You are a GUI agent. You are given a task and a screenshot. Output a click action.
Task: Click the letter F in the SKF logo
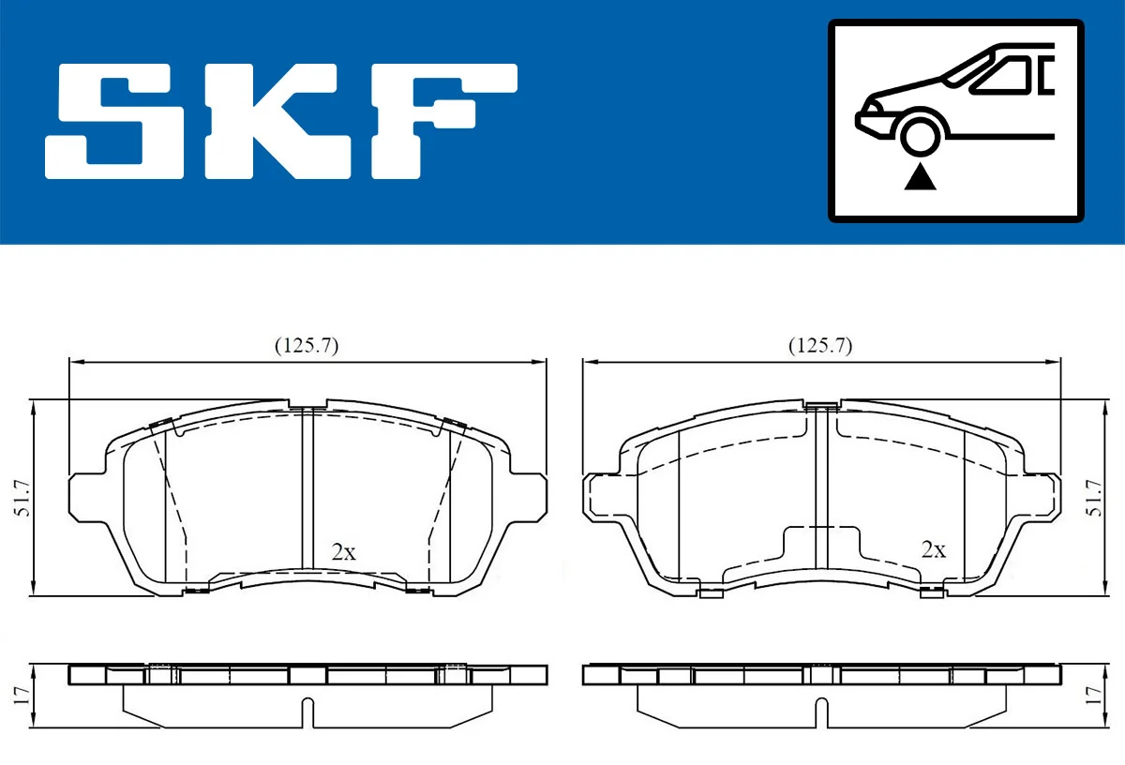coord(441,122)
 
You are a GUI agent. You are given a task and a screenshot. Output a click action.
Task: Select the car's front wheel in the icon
coord(921,135)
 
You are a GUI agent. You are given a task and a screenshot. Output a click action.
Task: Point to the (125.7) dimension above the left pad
coord(306,345)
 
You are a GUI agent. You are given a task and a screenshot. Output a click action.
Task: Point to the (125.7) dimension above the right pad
coord(819,345)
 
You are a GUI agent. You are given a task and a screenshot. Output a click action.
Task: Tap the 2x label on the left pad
coord(344,552)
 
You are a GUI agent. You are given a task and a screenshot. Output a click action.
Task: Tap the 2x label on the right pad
coord(933,549)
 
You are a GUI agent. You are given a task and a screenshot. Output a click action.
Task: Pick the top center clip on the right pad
coord(821,405)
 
